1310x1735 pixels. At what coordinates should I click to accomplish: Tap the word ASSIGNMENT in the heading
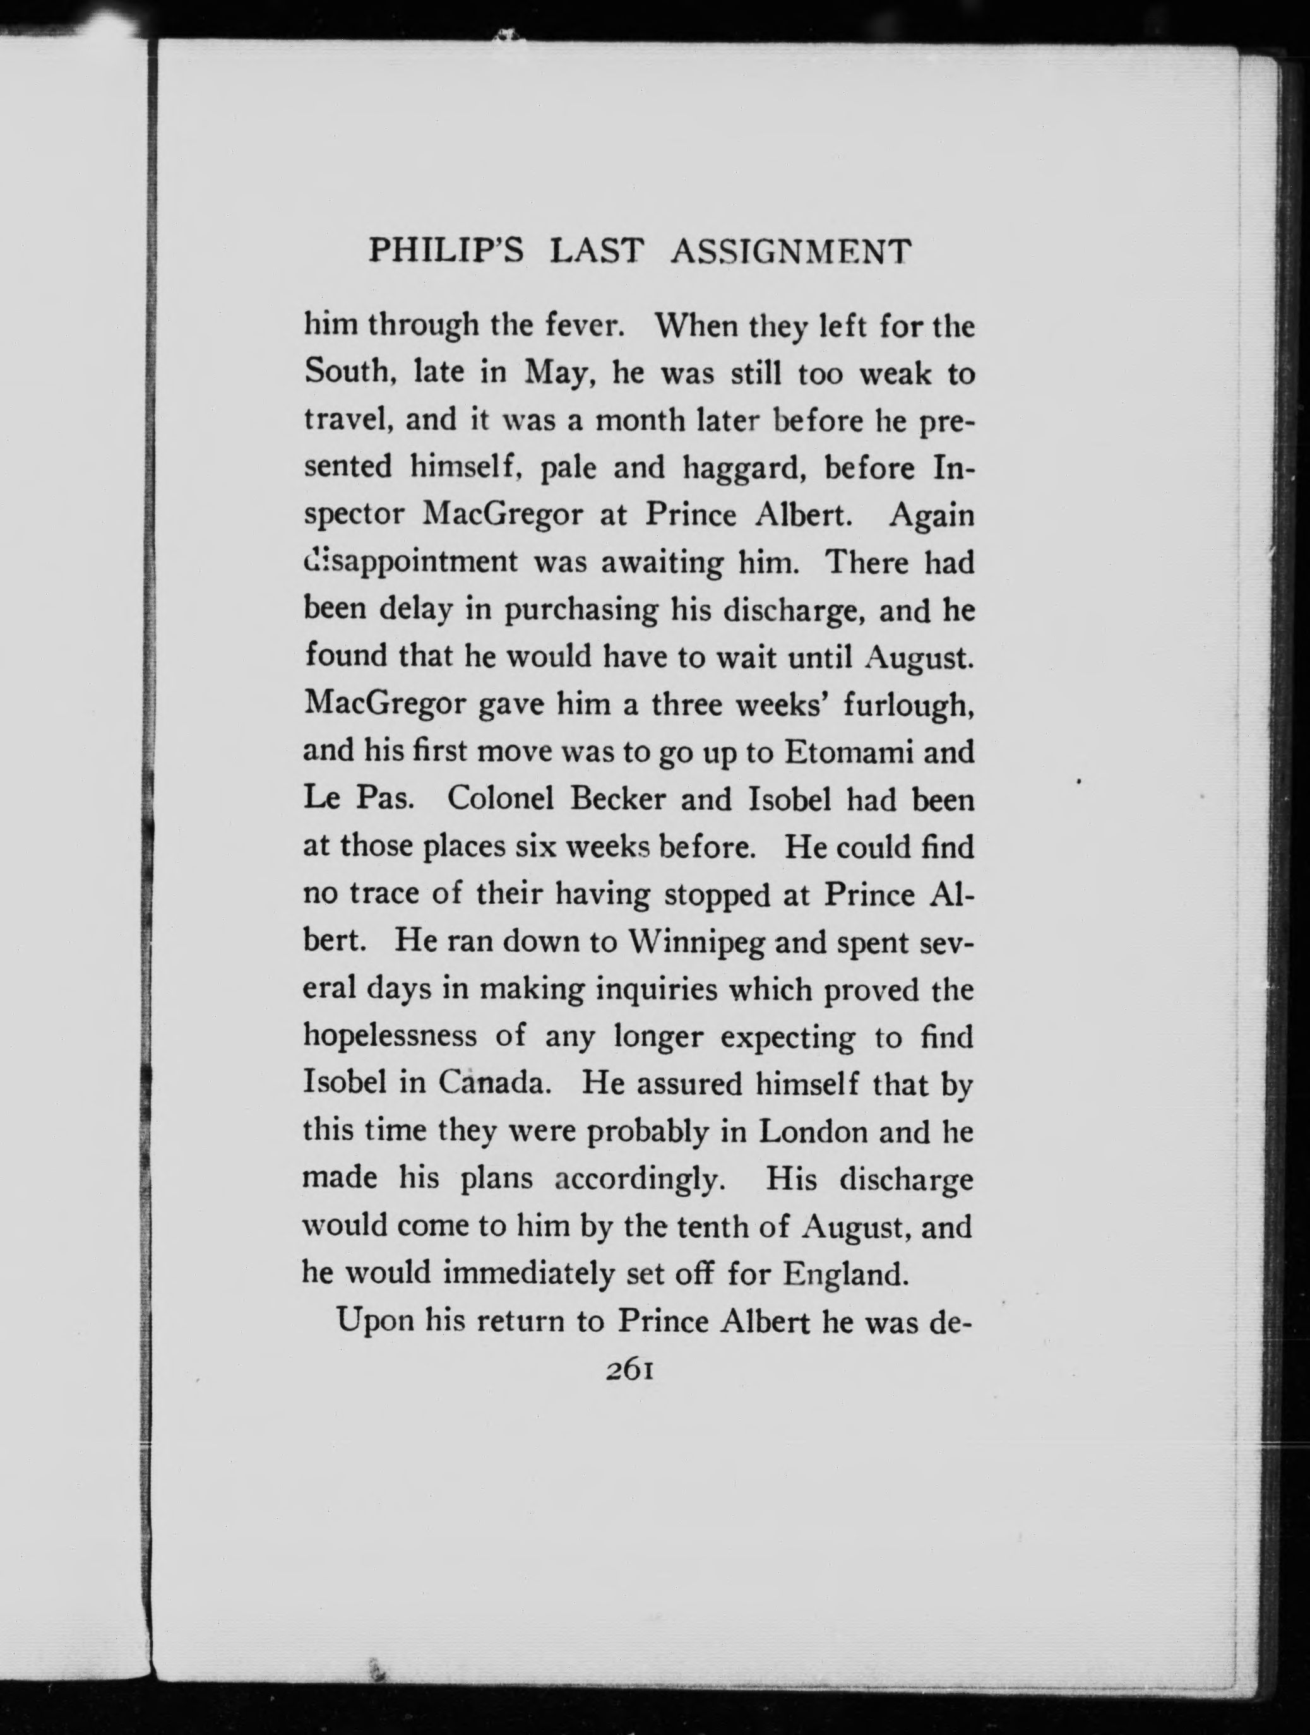[x=792, y=251]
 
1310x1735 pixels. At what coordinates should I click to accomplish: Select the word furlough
[x=908, y=705]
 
